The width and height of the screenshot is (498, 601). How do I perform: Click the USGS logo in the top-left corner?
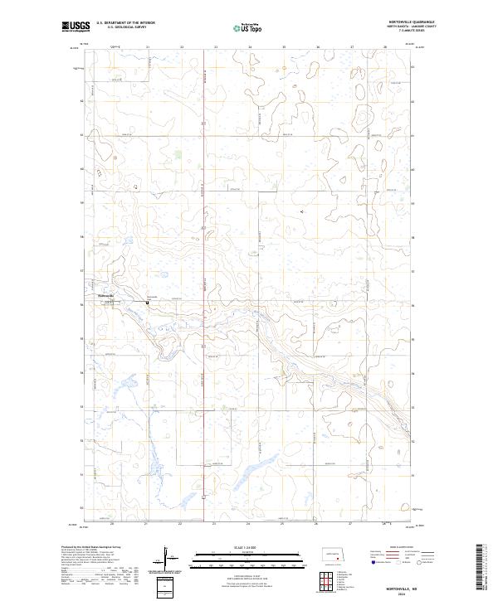click(75, 27)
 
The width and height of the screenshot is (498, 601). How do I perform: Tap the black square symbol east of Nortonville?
click(148, 303)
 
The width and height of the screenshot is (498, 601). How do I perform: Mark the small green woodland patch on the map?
click(180, 153)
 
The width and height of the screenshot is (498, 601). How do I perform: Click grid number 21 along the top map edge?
click(147, 48)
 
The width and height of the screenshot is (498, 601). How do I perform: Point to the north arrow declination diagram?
click(166, 555)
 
